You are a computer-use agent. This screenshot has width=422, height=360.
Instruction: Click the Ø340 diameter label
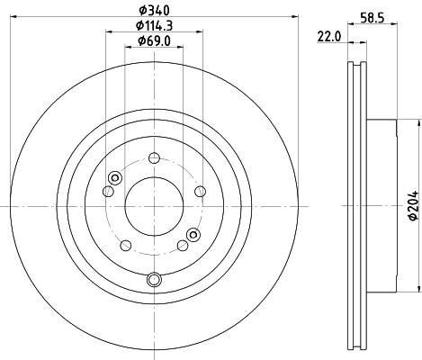(154, 11)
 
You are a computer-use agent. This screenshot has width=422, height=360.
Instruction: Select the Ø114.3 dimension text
(154, 26)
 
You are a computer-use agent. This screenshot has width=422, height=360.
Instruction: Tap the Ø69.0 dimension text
(154, 40)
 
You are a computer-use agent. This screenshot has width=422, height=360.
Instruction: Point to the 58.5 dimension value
(373, 18)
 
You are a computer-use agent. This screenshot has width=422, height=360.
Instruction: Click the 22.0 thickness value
(329, 37)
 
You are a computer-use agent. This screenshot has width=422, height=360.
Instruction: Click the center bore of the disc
(154, 206)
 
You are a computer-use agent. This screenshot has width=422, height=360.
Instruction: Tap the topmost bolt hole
(154, 157)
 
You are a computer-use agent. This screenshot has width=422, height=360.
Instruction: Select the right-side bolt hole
(200, 191)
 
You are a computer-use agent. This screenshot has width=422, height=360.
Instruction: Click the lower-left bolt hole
(126, 246)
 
